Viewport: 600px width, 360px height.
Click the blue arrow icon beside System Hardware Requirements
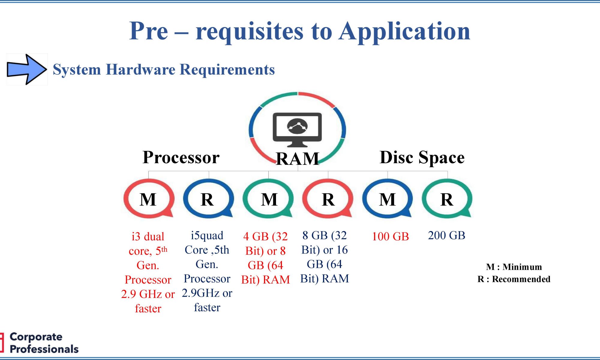(x=27, y=69)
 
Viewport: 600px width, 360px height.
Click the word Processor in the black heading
(x=181, y=157)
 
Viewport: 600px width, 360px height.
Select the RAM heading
(x=297, y=159)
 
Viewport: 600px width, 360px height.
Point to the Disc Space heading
(x=422, y=157)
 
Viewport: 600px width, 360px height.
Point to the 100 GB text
(x=390, y=236)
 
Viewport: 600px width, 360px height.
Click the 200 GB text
(x=446, y=235)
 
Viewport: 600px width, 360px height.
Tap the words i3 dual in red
(x=148, y=236)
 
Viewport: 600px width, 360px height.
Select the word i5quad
(x=207, y=236)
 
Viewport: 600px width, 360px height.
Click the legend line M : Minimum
(x=514, y=267)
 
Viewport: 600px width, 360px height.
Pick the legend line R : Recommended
(x=514, y=279)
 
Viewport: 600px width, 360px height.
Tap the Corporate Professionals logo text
(x=44, y=343)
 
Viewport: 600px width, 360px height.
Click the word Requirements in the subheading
(x=227, y=70)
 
